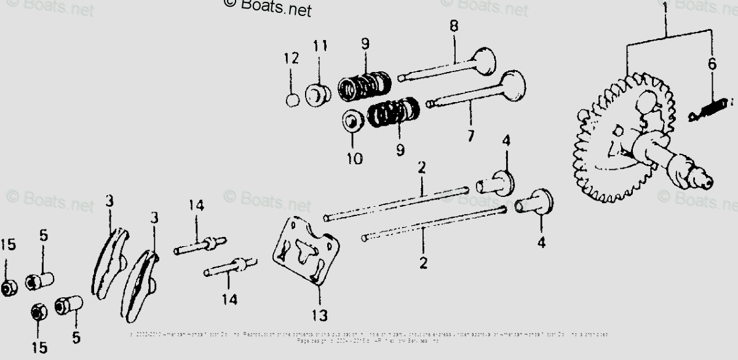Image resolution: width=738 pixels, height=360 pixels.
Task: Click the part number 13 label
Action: [x=319, y=316]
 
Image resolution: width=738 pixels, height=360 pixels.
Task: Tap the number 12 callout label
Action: [x=291, y=59]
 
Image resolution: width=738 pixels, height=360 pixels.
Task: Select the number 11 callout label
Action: [x=320, y=47]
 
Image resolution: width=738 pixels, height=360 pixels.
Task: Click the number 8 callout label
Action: [x=454, y=26]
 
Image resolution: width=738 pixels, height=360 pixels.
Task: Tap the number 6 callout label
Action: [x=712, y=64]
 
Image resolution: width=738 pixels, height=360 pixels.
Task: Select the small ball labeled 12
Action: [x=293, y=100]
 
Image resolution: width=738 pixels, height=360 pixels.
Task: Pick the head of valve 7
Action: [x=514, y=86]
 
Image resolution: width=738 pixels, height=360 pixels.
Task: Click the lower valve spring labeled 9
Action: [x=394, y=112]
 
